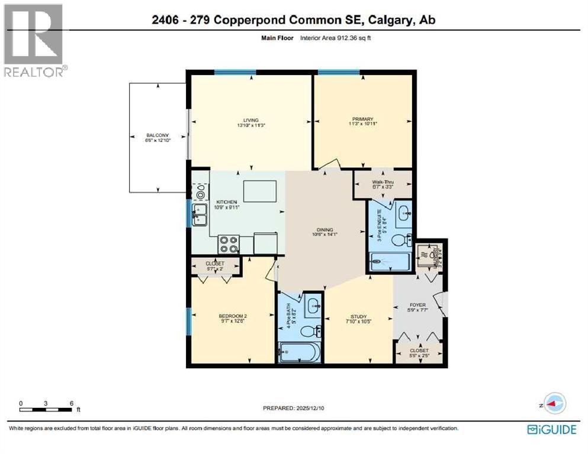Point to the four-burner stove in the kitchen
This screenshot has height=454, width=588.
tap(228, 245)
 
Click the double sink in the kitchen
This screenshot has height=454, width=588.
tap(199, 214)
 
